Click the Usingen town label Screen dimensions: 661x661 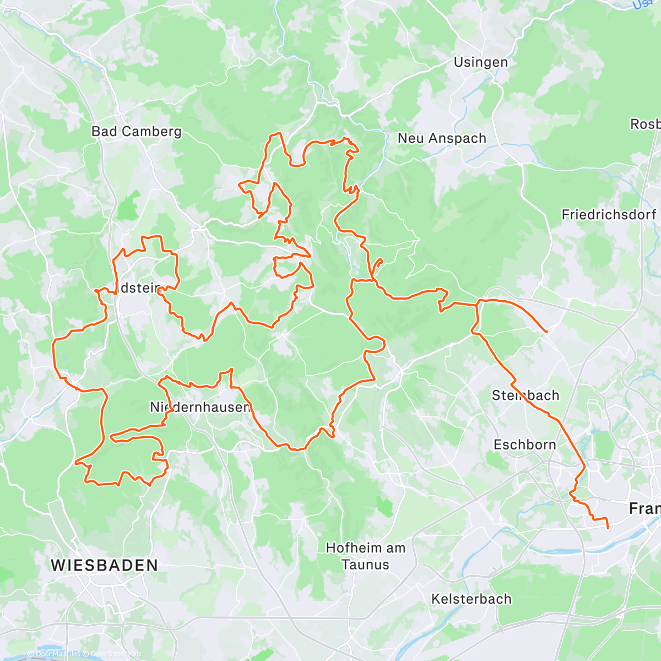480,62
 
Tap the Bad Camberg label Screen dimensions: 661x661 136,132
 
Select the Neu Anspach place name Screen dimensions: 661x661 442,138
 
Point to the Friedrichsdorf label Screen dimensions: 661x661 609,215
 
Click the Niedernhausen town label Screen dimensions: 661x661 200,407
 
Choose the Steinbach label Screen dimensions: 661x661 525,395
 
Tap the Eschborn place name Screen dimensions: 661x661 524,445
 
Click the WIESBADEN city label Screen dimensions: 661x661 104,565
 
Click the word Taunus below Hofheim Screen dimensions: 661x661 365,565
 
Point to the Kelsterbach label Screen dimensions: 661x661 471,599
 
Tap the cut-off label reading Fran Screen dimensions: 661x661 644,508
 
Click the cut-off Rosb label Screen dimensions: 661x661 645,124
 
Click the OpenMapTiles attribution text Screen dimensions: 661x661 57,654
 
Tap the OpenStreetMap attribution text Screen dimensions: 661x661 113,654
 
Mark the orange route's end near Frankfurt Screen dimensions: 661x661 608,528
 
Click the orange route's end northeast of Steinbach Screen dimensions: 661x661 546,332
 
